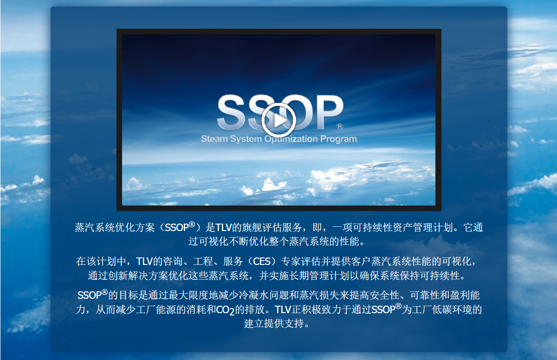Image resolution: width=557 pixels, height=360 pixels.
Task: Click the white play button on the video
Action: coord(278,120)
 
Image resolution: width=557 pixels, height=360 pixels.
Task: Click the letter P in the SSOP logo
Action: coord(330,112)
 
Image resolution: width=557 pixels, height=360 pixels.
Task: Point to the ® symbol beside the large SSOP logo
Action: coord(340,127)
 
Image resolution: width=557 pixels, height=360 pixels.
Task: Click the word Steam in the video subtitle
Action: coord(214,139)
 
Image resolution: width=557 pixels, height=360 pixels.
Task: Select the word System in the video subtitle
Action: coord(246,139)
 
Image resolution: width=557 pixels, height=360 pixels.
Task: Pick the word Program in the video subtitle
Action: coord(338,139)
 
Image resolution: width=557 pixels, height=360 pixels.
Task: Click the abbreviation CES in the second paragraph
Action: coord(262,261)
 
